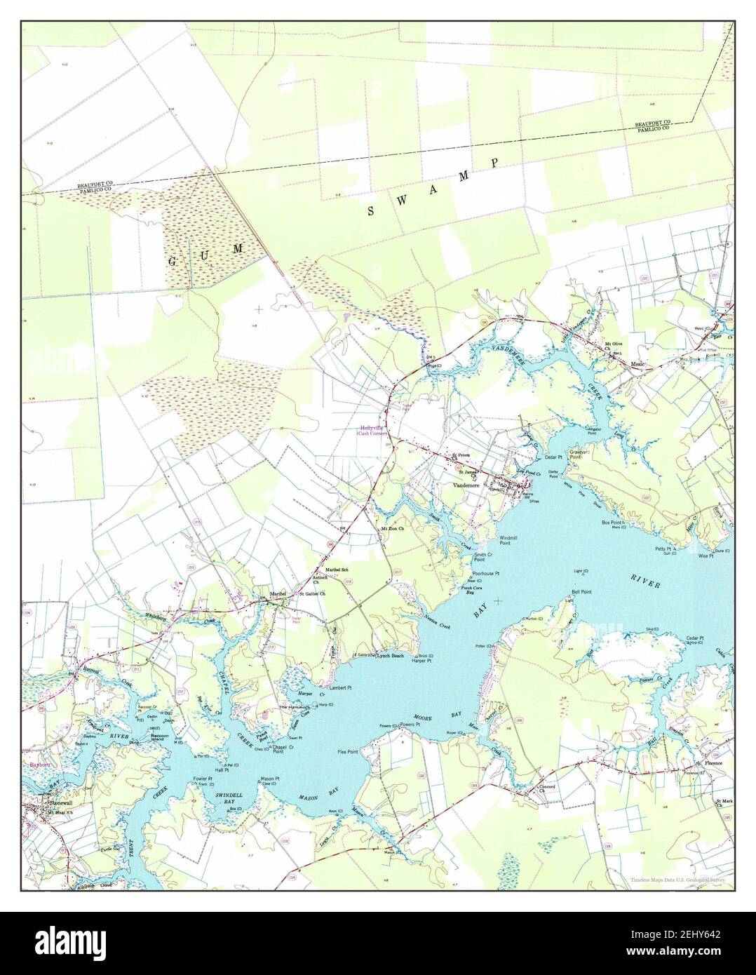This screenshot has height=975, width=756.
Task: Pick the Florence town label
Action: coord(708,762)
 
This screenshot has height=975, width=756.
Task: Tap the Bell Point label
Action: coord(581,592)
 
